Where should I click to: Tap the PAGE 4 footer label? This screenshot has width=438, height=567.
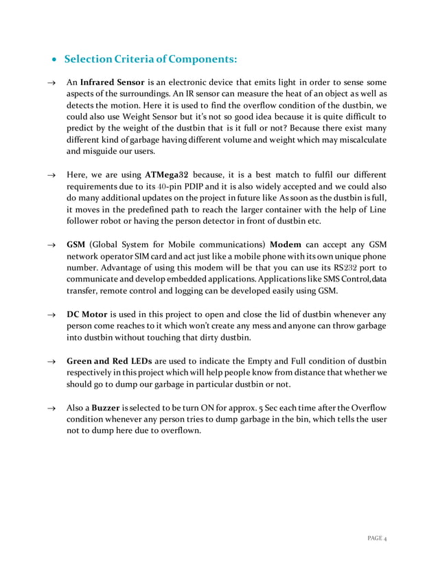(x=375, y=537)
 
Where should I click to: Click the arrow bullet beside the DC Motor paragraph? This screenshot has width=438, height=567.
(x=50, y=315)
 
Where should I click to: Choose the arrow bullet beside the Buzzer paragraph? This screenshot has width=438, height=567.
(x=50, y=408)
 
